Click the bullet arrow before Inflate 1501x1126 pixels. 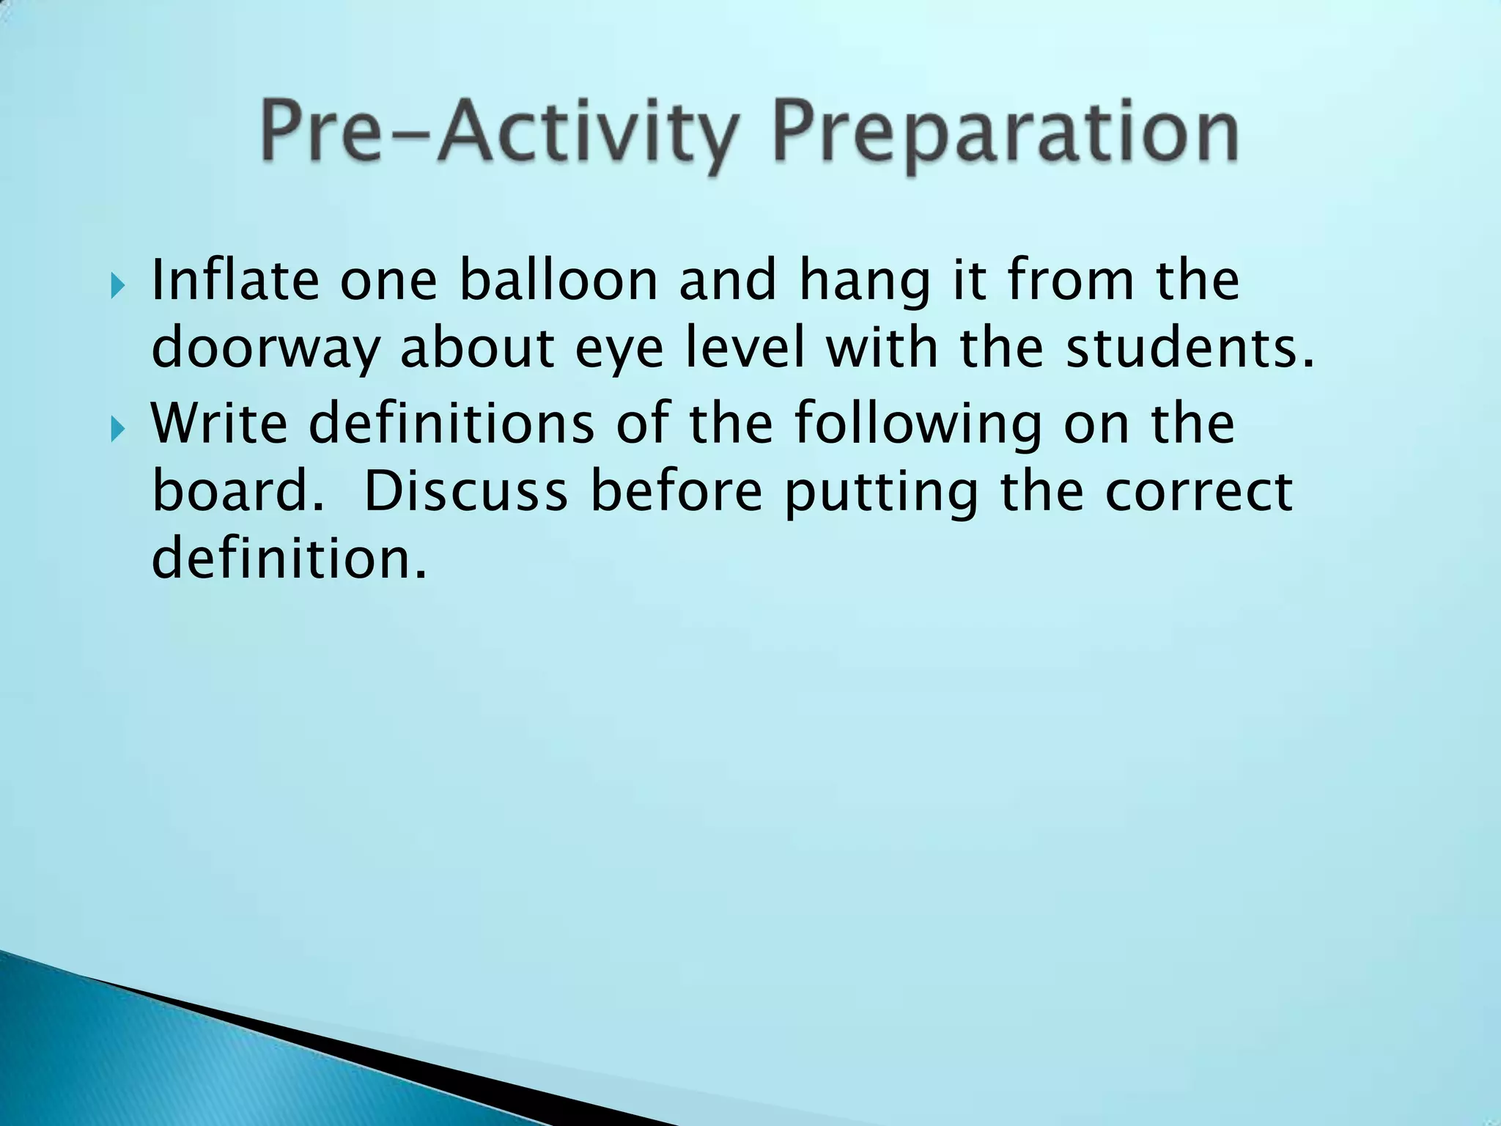tap(119, 284)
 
